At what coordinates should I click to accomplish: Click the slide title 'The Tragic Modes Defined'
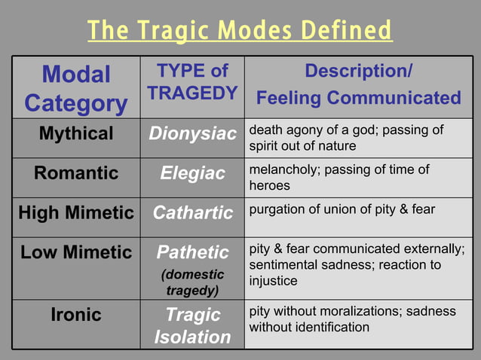(240, 32)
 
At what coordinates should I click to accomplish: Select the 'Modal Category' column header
(76, 88)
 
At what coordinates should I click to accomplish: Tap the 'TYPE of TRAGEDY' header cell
(192, 82)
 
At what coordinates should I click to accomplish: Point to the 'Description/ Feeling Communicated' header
(358, 85)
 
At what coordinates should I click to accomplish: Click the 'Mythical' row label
(76, 134)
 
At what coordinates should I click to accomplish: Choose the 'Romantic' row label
(76, 173)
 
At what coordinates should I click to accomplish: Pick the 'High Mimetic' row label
(76, 213)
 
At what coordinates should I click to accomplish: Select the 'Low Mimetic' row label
(76, 252)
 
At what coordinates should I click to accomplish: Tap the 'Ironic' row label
(76, 315)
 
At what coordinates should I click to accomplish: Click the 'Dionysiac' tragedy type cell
(192, 134)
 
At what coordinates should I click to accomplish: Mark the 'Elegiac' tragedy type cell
(192, 173)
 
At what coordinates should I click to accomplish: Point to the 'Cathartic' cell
(192, 213)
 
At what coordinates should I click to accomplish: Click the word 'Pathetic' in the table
(192, 252)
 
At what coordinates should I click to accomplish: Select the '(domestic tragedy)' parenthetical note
(192, 282)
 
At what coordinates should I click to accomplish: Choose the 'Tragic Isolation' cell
(192, 325)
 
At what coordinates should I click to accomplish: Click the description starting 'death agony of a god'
(346, 137)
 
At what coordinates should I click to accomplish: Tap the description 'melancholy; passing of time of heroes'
(339, 177)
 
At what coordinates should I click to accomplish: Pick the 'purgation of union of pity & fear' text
(342, 209)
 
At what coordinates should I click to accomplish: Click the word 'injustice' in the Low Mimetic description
(273, 281)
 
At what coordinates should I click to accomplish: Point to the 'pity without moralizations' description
(352, 319)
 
